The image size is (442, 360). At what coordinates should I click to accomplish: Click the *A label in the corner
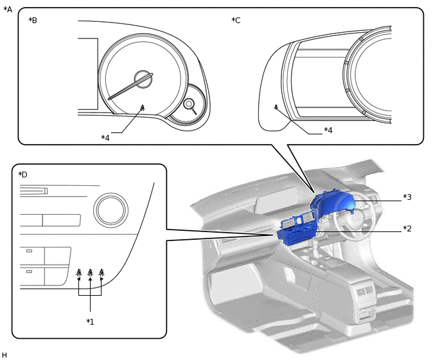pyautogui.click(x=8, y=9)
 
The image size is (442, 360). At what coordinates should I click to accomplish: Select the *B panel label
pyautogui.click(x=33, y=21)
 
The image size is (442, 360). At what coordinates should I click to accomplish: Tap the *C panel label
pyautogui.click(x=236, y=21)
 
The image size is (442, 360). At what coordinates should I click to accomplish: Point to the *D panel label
pyautogui.click(x=22, y=175)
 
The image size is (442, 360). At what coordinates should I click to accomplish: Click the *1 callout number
pyautogui.click(x=91, y=321)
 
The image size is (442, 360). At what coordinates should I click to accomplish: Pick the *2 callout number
pyautogui.click(x=407, y=229)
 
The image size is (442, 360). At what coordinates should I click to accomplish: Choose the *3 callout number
pyautogui.click(x=407, y=197)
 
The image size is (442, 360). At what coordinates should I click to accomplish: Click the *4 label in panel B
pyautogui.click(x=105, y=138)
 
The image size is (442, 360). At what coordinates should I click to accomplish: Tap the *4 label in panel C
pyautogui.click(x=328, y=130)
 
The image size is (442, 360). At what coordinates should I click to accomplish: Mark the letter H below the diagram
pyautogui.click(x=4, y=355)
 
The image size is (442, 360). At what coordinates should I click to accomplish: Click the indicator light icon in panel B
pyautogui.click(x=142, y=108)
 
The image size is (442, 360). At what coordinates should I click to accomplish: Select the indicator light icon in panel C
pyautogui.click(x=276, y=107)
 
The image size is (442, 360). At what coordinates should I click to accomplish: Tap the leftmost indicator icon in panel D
pyautogui.click(x=78, y=273)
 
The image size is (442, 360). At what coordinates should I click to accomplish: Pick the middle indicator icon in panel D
pyautogui.click(x=90, y=273)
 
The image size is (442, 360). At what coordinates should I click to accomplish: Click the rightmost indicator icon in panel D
pyautogui.click(x=102, y=273)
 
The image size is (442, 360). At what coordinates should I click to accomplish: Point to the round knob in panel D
pyautogui.click(x=111, y=208)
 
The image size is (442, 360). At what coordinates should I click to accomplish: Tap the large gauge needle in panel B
pyautogui.click(x=131, y=87)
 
